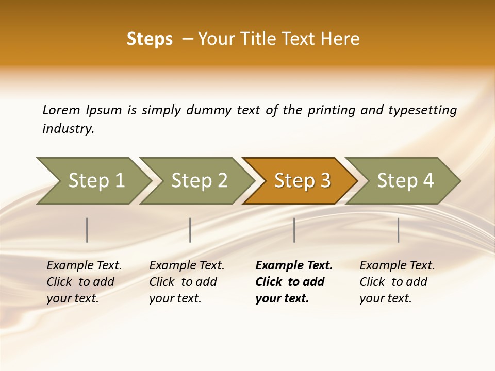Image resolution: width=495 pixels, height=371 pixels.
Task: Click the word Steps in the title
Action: point(150,39)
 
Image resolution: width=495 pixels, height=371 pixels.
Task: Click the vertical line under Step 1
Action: point(87,230)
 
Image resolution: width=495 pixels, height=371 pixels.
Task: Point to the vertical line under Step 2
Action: point(190,230)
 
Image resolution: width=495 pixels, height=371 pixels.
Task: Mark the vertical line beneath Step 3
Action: point(294,230)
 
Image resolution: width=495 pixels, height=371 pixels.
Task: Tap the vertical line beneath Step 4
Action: point(399,230)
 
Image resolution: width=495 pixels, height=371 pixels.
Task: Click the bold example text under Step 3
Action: point(293,282)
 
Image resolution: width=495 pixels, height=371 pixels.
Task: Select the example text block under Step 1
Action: point(84,282)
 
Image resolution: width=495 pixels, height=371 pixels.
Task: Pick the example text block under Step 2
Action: point(187,282)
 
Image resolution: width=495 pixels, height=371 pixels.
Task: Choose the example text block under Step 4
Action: point(397,282)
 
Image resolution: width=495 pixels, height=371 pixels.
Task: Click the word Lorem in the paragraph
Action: point(61,110)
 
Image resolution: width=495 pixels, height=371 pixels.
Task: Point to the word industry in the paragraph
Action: point(68,129)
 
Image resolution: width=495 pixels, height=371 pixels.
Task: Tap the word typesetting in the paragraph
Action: point(422,110)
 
